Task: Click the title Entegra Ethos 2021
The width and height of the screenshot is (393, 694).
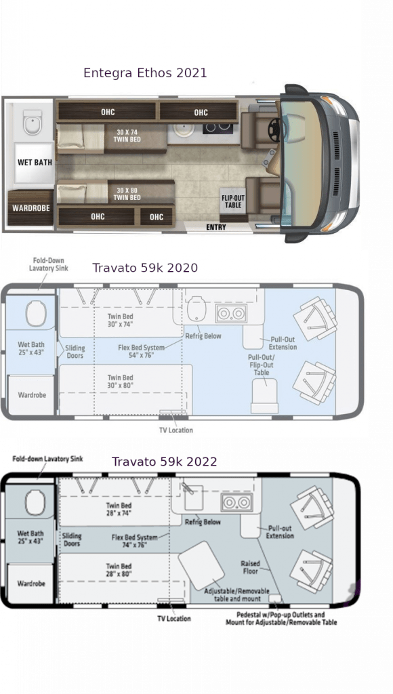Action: [145, 73]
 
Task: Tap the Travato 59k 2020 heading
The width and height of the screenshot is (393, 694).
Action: [145, 268]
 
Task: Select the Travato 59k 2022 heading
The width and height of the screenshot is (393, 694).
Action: [164, 462]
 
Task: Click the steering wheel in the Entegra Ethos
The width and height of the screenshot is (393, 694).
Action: [274, 128]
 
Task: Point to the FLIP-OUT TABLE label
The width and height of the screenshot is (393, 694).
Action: [233, 201]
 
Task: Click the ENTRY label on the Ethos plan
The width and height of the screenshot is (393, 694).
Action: [216, 227]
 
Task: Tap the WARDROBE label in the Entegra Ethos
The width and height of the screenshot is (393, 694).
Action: [31, 207]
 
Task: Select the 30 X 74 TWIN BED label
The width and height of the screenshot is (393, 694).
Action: [128, 136]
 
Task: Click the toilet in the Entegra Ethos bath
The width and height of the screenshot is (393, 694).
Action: [33, 122]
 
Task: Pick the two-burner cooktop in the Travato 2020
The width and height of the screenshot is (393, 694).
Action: [231, 313]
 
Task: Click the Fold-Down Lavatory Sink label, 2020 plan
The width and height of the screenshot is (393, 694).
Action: [49, 264]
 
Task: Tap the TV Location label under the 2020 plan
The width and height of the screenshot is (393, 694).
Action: [175, 430]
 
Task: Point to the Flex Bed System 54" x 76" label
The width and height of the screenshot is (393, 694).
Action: [141, 352]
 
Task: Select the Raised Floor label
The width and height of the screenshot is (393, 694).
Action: [250, 567]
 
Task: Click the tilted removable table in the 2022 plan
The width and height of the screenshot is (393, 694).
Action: [201, 565]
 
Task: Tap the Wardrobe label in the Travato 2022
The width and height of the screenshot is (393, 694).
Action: [31, 584]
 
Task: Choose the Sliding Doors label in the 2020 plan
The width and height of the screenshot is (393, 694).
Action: [75, 352]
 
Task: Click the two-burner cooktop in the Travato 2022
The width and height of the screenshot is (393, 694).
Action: [236, 502]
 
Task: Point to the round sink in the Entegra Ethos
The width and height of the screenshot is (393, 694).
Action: [181, 129]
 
